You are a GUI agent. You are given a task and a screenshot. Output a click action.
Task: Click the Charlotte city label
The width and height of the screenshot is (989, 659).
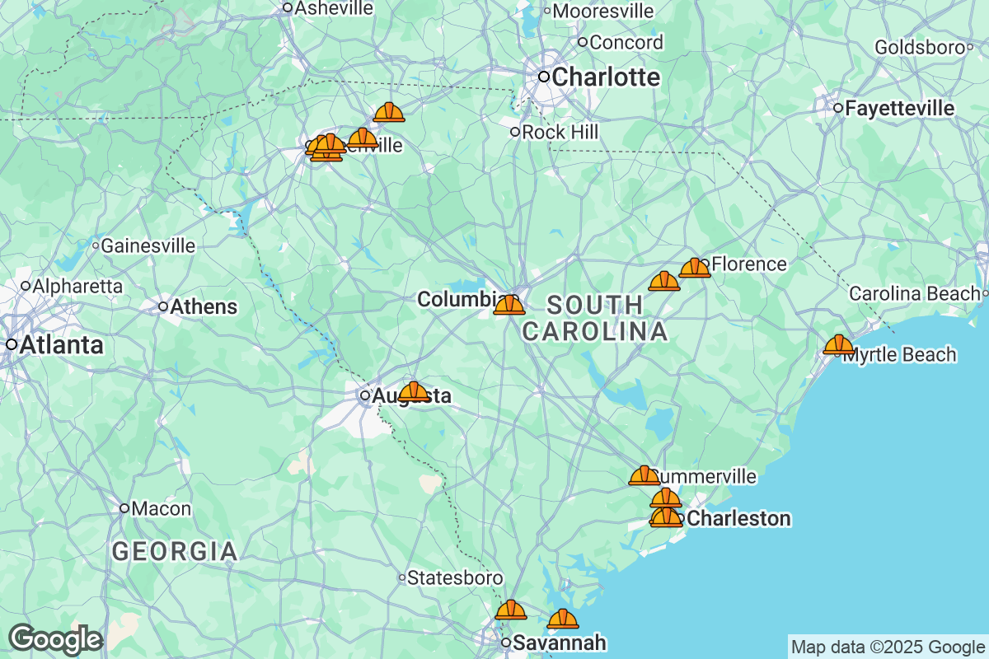pyautogui.click(x=606, y=77)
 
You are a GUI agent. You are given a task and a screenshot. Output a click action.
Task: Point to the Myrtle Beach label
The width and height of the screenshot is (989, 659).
pyautogui.click(x=899, y=355)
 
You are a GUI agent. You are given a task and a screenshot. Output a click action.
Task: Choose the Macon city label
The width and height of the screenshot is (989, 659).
pyautogui.click(x=162, y=508)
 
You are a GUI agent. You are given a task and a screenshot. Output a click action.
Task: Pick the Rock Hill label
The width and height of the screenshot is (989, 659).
pyautogui.click(x=560, y=132)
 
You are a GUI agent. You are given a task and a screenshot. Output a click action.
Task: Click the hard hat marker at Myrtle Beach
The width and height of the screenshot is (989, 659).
pyautogui.click(x=839, y=344)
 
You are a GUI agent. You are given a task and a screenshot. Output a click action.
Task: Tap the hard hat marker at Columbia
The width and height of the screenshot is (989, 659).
pyautogui.click(x=509, y=305)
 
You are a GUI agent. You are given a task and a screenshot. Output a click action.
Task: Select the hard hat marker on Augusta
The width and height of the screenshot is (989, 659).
pyautogui.click(x=414, y=391)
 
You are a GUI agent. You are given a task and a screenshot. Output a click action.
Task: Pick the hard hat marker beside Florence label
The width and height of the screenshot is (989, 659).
pyautogui.click(x=695, y=267)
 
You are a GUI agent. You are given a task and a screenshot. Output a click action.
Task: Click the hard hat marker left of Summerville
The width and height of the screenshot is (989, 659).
pyautogui.click(x=644, y=475)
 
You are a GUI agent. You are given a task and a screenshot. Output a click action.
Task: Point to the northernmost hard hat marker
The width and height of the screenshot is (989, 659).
pyautogui.click(x=389, y=112)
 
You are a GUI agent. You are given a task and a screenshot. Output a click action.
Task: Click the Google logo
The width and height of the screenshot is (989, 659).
pyautogui.click(x=55, y=638)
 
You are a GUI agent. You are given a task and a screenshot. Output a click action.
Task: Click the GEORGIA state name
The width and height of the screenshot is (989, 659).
pyautogui.click(x=175, y=551)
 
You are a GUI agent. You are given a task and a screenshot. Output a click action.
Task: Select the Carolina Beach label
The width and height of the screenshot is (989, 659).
pyautogui.click(x=914, y=293)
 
